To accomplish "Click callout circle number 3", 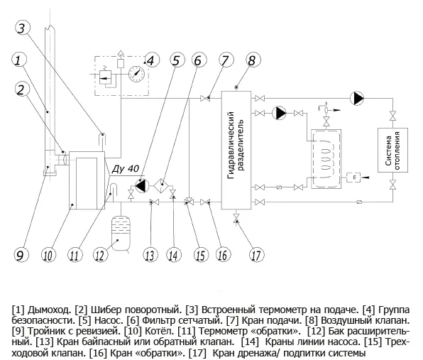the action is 23,28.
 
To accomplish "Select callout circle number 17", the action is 256,255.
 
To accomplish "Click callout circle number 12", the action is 100,255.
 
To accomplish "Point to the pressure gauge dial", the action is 136,73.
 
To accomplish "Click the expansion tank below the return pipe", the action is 121,233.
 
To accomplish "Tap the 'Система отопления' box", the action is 392,150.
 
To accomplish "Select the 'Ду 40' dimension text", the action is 125,169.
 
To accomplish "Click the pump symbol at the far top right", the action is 356,98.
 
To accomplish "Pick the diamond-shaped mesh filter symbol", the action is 162,185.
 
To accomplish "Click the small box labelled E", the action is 354,177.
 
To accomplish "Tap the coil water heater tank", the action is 326,159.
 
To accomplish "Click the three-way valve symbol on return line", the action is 189,202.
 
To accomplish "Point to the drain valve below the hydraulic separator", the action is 236,217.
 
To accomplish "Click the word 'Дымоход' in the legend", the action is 50,310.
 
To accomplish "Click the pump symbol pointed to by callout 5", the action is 142,185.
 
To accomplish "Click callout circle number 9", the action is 21,255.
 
